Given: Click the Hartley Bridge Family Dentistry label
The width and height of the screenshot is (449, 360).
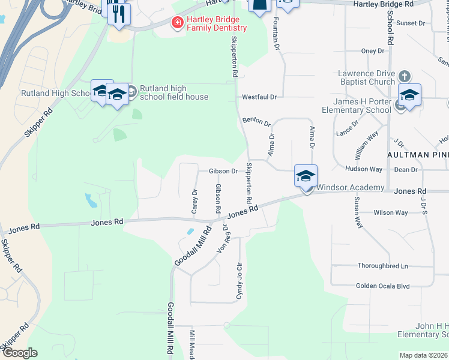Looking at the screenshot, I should (x=216, y=23).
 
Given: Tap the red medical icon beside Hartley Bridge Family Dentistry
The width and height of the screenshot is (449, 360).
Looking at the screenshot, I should (x=177, y=23).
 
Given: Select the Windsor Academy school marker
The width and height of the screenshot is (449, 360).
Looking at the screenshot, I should (x=306, y=177).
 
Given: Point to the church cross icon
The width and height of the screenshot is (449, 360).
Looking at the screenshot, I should (x=405, y=76).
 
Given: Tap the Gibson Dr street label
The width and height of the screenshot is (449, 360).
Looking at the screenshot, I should (x=223, y=171).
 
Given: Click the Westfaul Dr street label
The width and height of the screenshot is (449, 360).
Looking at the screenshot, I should (x=259, y=97).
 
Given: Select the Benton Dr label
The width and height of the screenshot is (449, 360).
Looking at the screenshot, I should (x=256, y=122).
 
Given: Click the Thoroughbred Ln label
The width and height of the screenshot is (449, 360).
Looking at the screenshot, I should (x=382, y=266).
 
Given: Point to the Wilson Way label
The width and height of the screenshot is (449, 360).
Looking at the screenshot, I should (x=390, y=212).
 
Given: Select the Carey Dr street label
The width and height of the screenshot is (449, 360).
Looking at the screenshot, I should (x=194, y=201).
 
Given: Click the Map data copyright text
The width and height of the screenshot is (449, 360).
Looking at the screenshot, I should (x=423, y=355).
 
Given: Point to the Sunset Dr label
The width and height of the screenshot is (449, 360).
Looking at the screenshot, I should (x=411, y=23).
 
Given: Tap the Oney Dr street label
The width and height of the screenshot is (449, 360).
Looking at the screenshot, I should (x=372, y=51).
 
